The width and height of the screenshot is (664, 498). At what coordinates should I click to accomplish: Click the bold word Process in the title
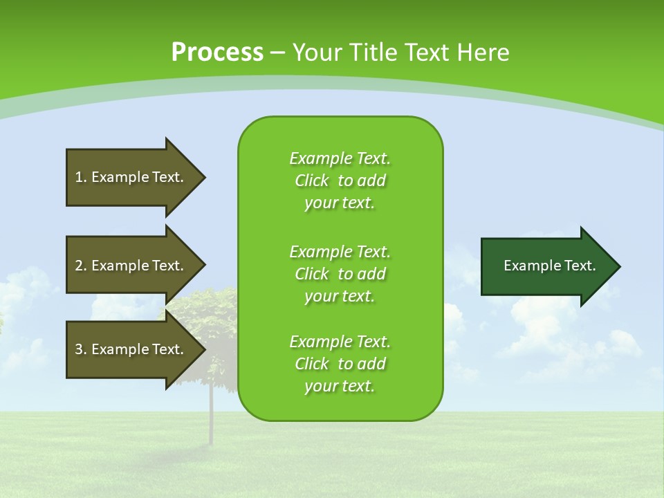point(217,53)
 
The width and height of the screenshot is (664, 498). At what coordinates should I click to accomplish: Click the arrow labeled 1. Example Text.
point(131,177)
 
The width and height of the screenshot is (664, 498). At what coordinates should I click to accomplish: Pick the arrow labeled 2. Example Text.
point(131,266)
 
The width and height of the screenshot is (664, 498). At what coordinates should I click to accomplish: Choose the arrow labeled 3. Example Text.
point(131,349)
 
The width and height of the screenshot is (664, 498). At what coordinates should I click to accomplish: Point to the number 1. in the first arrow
point(81,177)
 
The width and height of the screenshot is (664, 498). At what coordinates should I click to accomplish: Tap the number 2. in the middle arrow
point(81,266)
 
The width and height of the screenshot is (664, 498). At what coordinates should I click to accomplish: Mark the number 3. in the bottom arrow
point(81,349)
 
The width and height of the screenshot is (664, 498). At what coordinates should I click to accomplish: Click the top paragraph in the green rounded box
point(340,181)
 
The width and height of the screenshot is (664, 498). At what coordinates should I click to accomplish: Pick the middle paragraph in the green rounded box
point(340,273)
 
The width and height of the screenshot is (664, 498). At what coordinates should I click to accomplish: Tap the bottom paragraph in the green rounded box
point(340,364)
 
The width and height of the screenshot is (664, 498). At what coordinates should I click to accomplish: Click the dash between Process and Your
point(277,53)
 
